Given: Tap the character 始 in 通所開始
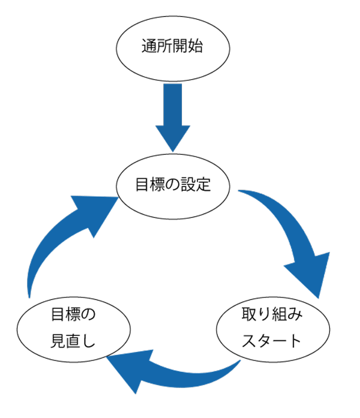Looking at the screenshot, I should [x=196, y=47].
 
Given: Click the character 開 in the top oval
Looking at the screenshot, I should [x=180, y=47].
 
